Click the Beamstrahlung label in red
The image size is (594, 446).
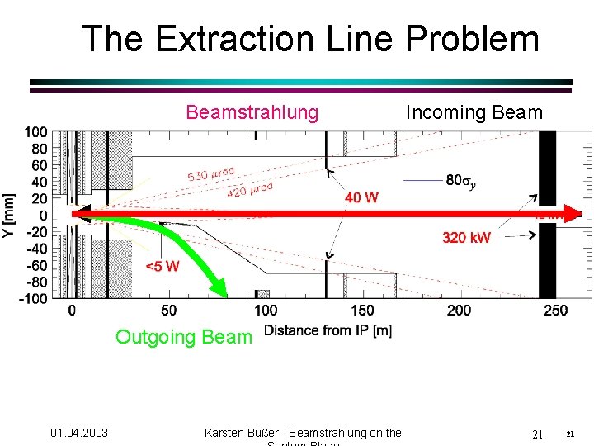click(x=252, y=111)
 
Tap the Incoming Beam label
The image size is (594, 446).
click(x=474, y=111)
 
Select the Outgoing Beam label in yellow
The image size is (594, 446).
click(x=183, y=337)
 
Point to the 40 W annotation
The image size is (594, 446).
click(x=361, y=197)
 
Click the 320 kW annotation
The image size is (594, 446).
click(x=466, y=238)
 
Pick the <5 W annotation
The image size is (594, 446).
click(x=162, y=266)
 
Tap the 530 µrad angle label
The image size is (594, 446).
click(x=211, y=174)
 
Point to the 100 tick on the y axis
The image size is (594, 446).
click(x=35, y=132)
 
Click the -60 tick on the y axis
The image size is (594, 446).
click(x=35, y=265)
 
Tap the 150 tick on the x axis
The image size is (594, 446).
click(x=362, y=311)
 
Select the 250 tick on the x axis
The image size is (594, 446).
click(x=556, y=311)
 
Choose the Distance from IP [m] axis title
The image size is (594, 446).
click(x=328, y=331)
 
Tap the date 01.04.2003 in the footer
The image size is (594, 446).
click(x=79, y=433)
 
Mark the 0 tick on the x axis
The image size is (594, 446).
click(x=72, y=311)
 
